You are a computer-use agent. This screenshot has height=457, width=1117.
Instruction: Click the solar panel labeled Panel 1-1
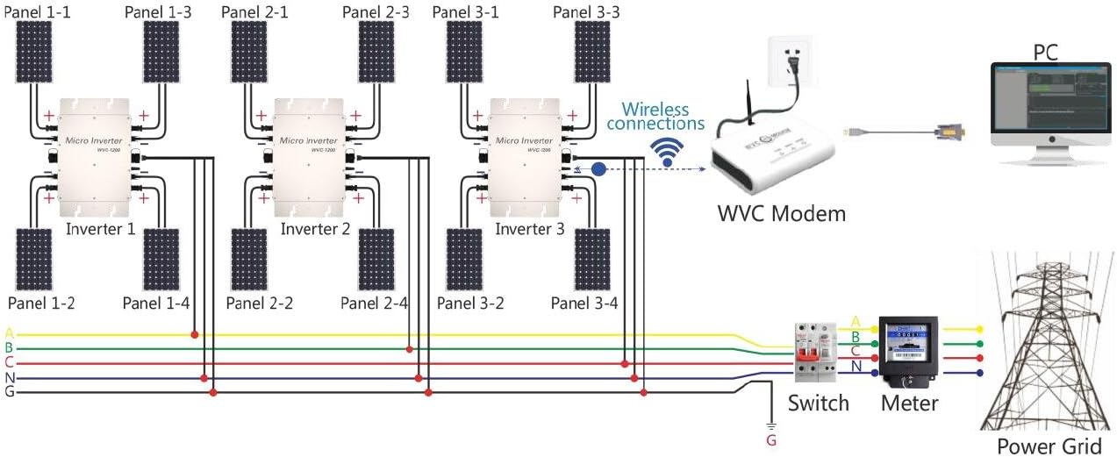34,52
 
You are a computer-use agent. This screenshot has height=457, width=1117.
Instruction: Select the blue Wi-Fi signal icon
670,152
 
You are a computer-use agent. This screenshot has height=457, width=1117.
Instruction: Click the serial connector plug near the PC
952,132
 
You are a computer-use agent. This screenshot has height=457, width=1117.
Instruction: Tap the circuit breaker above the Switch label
812,351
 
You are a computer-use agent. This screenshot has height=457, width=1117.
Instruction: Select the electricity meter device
908,352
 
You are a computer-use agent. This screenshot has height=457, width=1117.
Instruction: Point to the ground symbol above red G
770,421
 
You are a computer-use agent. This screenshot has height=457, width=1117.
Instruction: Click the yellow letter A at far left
9,333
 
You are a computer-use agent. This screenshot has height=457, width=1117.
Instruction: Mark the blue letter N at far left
9,377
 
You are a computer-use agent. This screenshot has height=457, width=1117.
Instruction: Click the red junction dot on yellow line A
194,334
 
